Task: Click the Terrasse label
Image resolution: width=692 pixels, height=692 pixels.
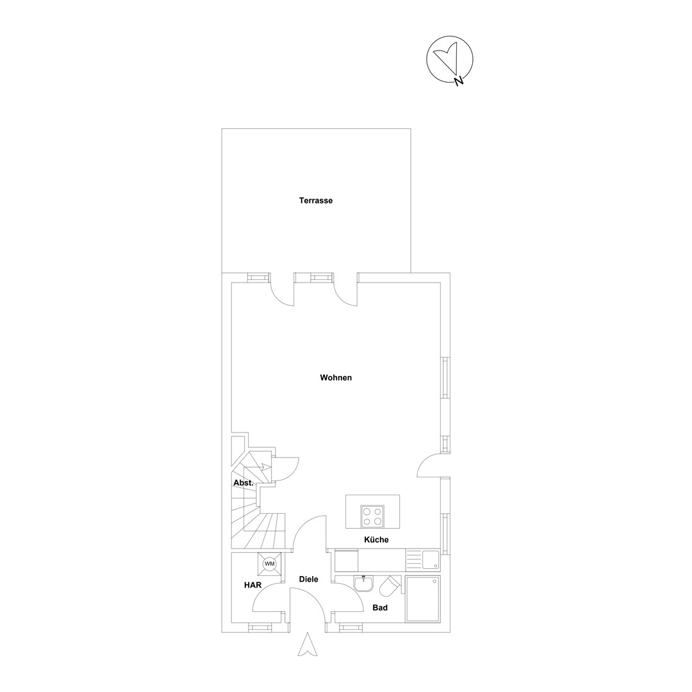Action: pos(315,201)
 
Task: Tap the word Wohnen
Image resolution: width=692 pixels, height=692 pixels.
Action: pos(336,377)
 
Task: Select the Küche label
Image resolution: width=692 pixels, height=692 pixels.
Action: pos(376,540)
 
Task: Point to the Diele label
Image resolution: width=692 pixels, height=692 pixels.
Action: pos(308,579)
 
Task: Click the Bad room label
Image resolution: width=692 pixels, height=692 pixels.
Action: pos(379,607)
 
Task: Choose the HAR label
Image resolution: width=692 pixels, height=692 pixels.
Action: pos(253,585)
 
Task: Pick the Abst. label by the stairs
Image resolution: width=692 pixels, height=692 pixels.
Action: pos(243,483)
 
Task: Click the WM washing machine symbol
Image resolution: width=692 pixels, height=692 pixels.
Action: pos(269,564)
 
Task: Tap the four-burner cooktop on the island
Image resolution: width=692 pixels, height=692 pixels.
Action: pos(372,517)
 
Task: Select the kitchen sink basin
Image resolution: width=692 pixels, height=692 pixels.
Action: pos(431,559)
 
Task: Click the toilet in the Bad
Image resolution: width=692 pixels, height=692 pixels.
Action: pos(390,586)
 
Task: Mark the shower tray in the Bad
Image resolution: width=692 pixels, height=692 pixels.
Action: pos(423,599)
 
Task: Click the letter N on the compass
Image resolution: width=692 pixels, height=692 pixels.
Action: pos(459,80)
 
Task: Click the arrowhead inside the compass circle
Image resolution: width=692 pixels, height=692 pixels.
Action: pos(447,55)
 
